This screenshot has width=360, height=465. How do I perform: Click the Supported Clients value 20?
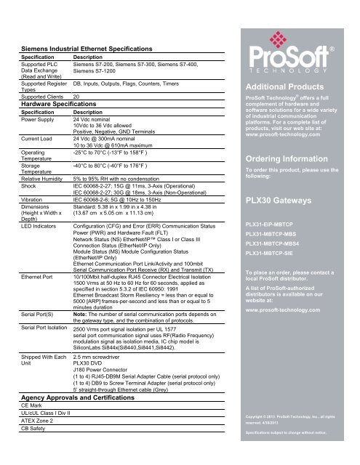pyautogui.click(x=76, y=97)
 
